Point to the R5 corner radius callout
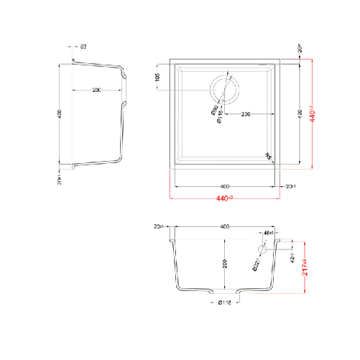coord(269,154)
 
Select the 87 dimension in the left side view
coord(84,47)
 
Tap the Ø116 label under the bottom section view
coord(223,303)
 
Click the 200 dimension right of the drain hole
coord(246,114)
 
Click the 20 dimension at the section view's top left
coord(160,226)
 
